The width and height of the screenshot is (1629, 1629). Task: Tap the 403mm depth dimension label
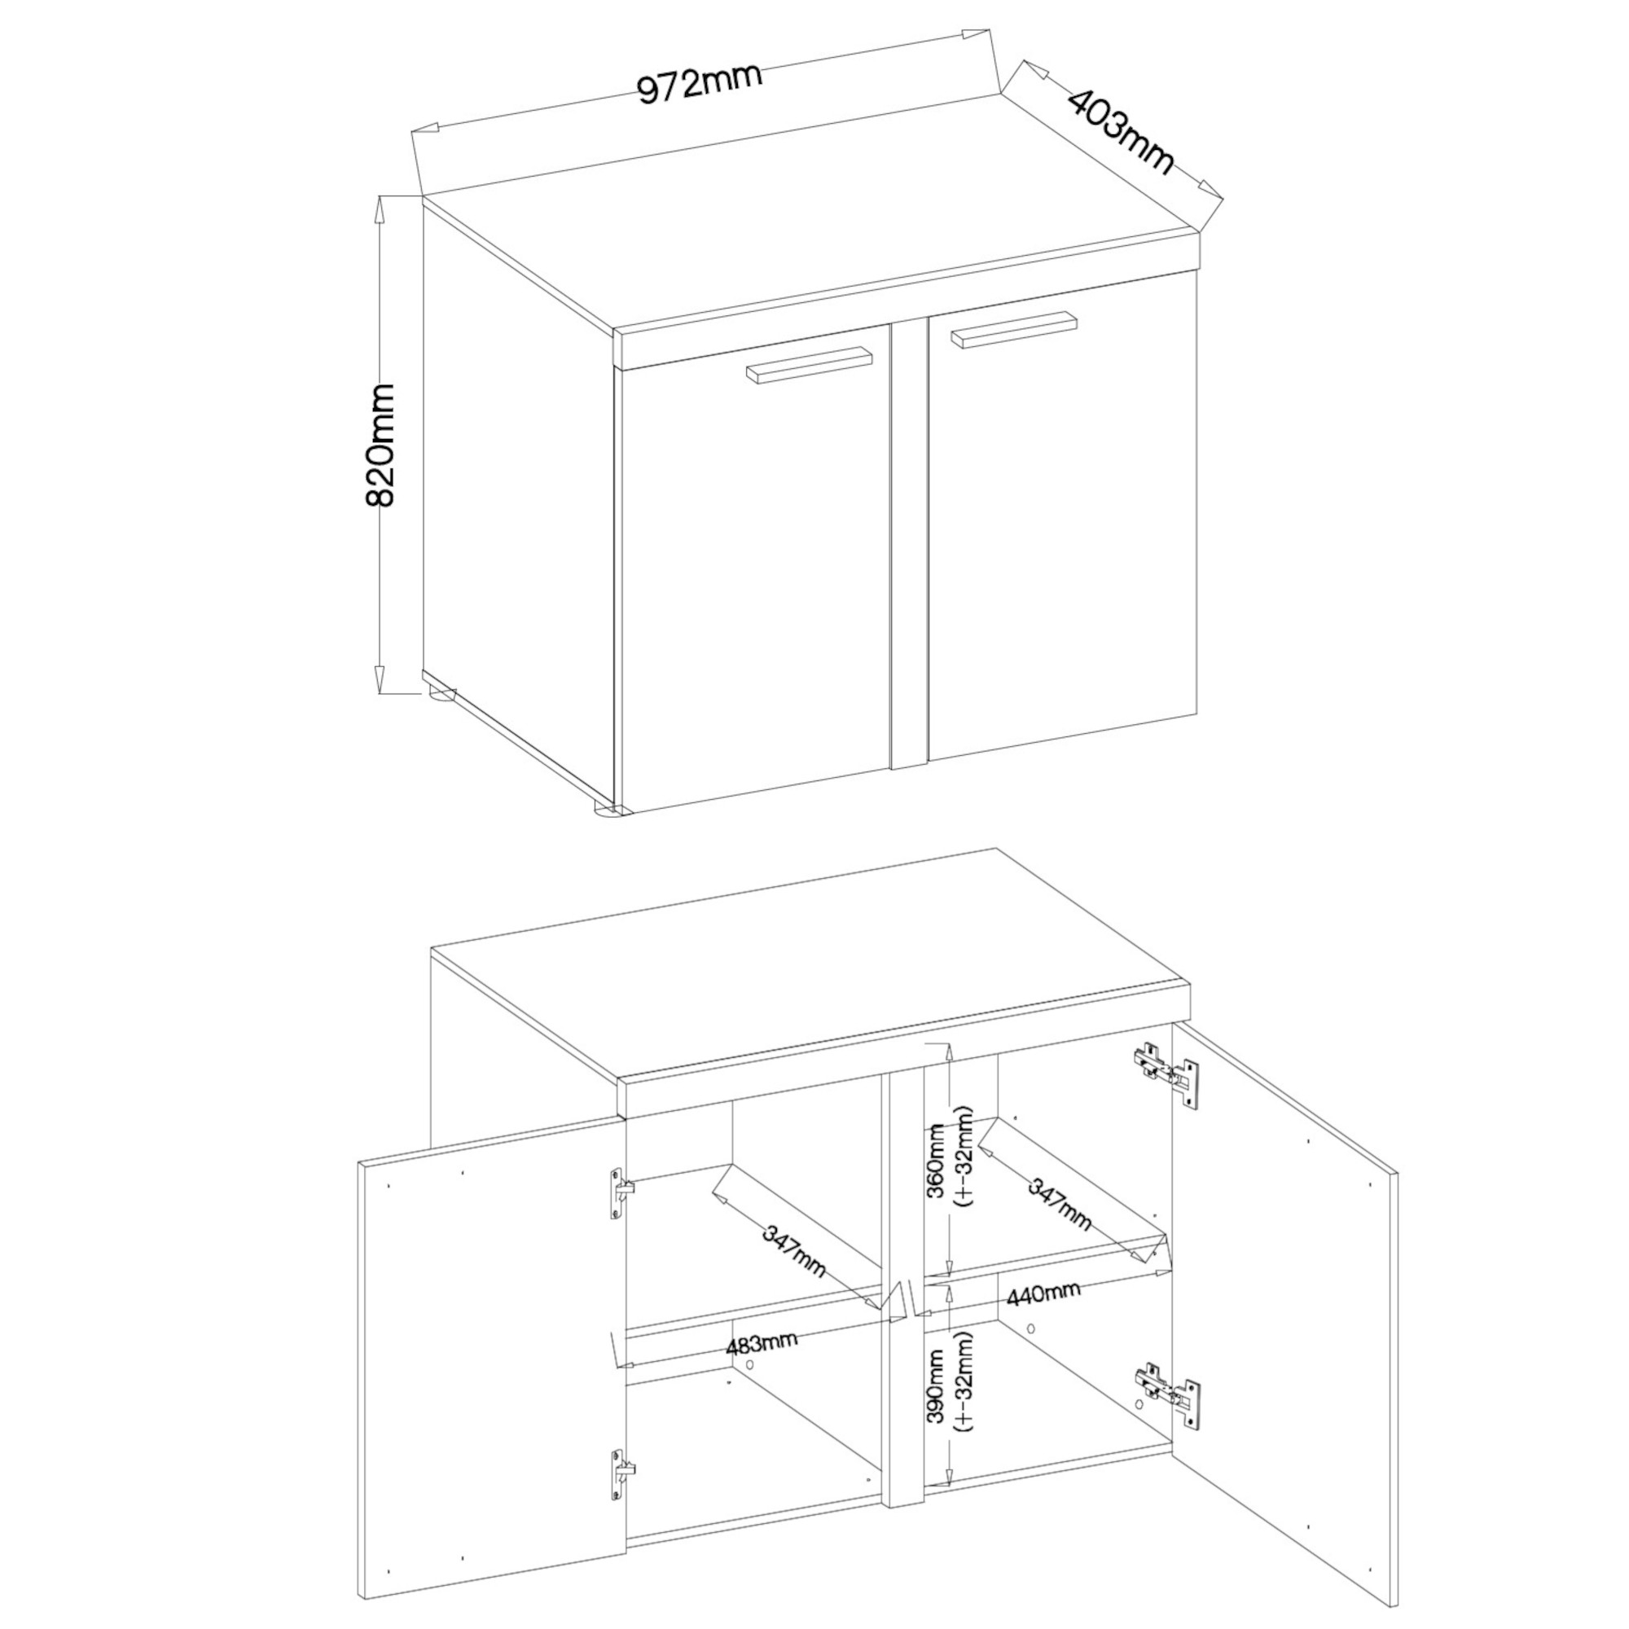tap(1121, 130)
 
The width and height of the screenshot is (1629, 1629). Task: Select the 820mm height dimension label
tap(380, 445)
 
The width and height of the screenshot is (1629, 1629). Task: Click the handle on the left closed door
tap(807, 365)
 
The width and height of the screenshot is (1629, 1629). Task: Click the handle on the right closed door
tap(1014, 328)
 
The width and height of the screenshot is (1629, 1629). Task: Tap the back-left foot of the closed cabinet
tap(441, 696)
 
